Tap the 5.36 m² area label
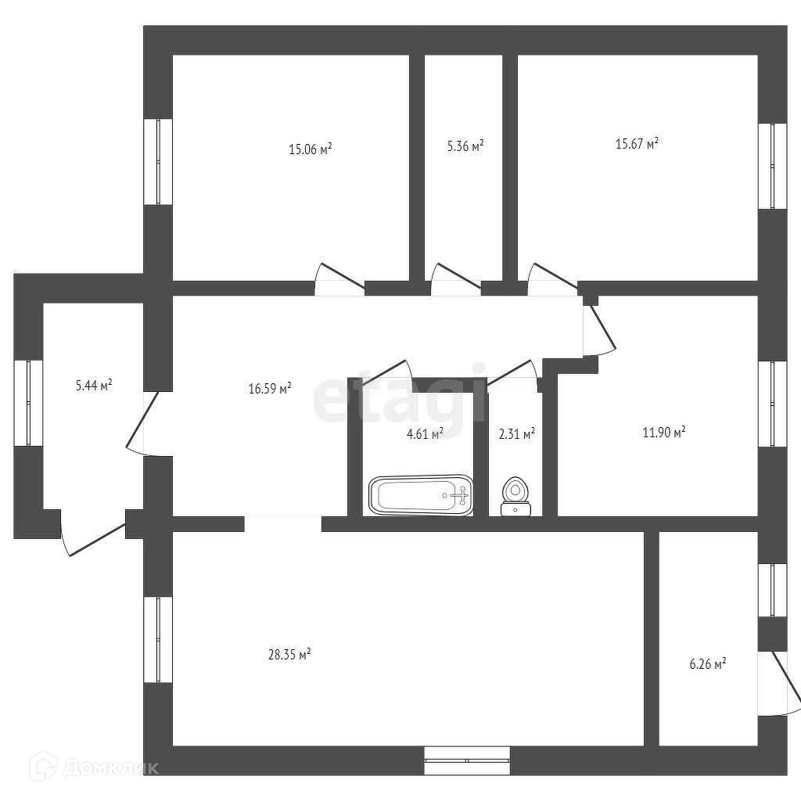click(465, 146)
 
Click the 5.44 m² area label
click(93, 385)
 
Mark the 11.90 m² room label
click(663, 431)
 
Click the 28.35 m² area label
click(289, 655)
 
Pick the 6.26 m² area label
click(707, 664)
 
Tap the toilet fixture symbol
click(515, 496)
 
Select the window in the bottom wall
click(467, 760)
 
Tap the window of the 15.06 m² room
click(158, 161)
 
